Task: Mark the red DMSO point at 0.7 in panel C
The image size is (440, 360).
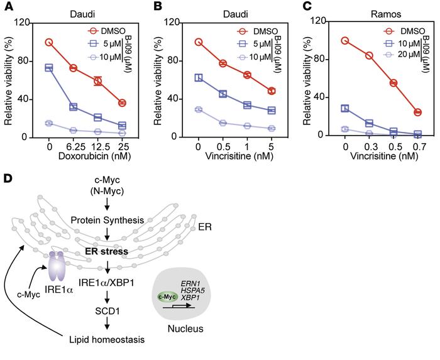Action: [x=417, y=112]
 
